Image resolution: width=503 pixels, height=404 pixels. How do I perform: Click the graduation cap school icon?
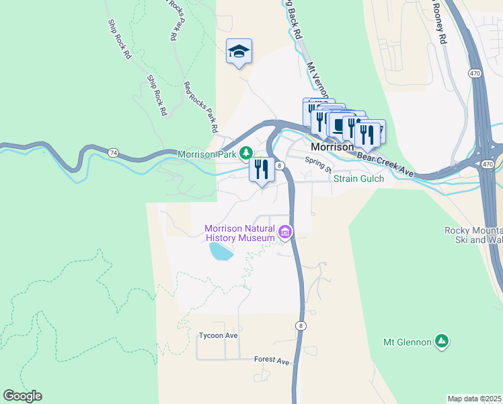239,51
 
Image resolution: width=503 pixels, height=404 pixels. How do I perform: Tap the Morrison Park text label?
206,154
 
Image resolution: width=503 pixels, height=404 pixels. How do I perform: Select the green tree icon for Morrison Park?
247,154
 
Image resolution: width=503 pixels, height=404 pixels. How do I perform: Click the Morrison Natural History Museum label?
240,232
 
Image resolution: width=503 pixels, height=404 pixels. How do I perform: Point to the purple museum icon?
285,233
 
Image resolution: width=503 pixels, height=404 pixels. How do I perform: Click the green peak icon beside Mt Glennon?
441,341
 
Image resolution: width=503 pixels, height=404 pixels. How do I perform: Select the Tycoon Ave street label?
219,335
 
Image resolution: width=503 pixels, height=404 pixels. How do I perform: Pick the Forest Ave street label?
272,361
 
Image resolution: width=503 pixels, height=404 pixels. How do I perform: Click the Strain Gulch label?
359,178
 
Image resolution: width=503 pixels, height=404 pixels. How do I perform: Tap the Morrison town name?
332,147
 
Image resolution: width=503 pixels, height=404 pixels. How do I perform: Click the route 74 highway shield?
113,153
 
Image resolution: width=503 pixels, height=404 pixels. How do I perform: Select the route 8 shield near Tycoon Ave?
301,325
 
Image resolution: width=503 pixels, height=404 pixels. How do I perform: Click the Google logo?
22,396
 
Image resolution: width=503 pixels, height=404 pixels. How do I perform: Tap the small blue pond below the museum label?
221,252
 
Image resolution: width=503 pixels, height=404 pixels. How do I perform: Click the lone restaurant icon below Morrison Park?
262,169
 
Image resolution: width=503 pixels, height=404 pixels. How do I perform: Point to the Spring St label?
319,164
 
